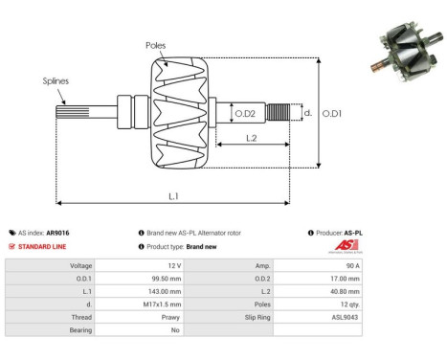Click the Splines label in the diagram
[x=55, y=81]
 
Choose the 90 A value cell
[x=353, y=264]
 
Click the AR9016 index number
[x=58, y=233]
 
